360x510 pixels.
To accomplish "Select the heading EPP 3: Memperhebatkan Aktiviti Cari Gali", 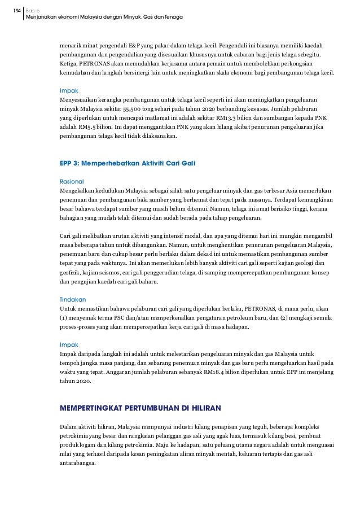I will (x=128, y=163).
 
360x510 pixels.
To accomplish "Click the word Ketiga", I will (x=70, y=64).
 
